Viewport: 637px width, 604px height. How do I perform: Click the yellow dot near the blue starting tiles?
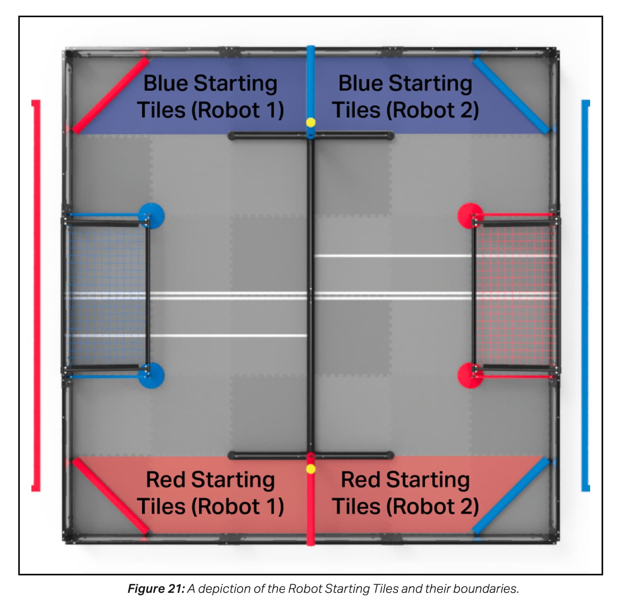tap(310, 123)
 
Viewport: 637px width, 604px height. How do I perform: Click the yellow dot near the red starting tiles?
tap(310, 468)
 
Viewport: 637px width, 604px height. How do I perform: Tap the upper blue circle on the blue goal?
tap(152, 216)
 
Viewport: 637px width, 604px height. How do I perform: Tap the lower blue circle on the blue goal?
tap(152, 376)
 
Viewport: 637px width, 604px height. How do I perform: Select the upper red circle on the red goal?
tap(470, 216)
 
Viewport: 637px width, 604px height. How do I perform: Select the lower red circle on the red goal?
tap(470, 376)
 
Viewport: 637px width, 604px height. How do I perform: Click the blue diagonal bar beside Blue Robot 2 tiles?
tap(511, 96)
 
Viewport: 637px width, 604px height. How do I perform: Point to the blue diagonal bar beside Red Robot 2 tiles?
tap(511, 496)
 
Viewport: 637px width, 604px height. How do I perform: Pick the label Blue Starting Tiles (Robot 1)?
tap(210, 97)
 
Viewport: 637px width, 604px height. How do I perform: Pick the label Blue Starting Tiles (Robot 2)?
tap(405, 97)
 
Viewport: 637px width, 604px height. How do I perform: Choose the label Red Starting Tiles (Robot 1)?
tap(210, 493)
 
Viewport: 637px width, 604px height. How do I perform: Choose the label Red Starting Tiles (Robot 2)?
tap(405, 493)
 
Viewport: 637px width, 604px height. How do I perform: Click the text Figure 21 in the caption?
tap(156, 589)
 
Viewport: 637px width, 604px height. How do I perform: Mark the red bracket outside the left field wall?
tap(37, 295)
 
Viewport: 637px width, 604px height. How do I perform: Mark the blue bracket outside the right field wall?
tap(585, 295)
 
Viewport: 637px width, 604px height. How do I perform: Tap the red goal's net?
tap(515, 295)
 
